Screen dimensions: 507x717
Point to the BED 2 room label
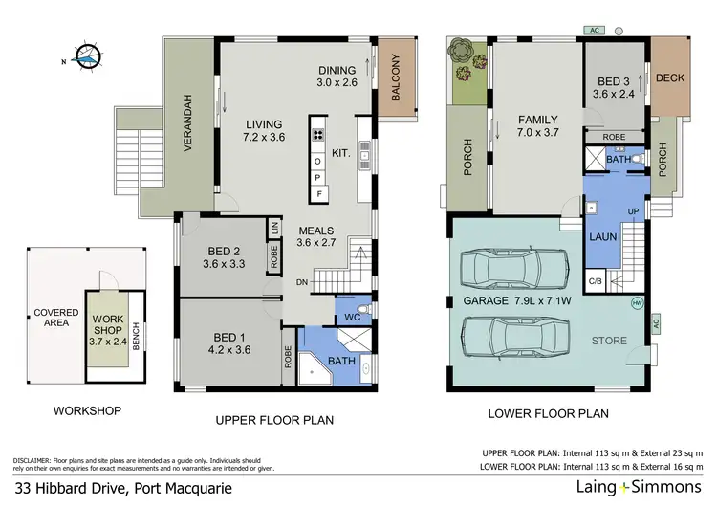pos(223,253)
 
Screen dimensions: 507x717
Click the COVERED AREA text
pos(56,319)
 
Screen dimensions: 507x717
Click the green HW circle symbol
pos(638,304)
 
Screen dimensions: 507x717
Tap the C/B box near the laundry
pos(596,280)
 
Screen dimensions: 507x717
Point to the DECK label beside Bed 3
pos(671,78)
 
